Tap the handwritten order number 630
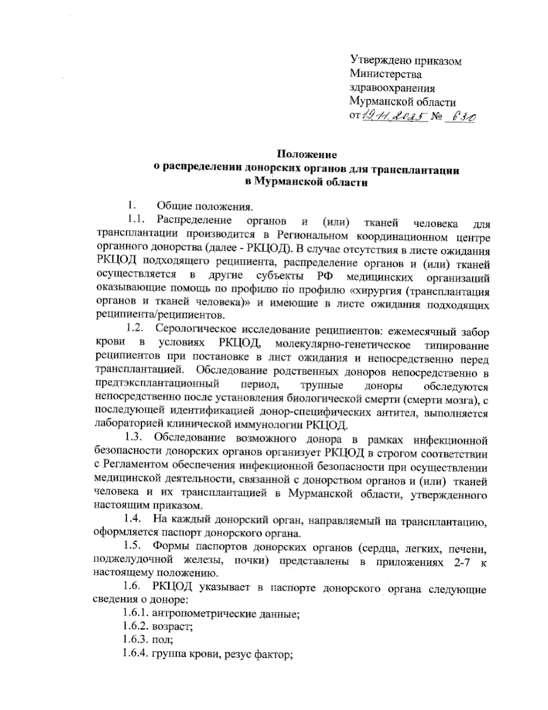click(x=461, y=117)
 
